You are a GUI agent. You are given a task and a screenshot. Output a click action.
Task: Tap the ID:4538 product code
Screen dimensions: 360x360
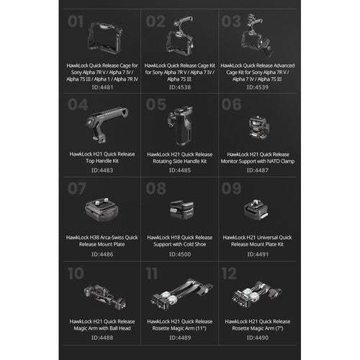pyautogui.click(x=179, y=86)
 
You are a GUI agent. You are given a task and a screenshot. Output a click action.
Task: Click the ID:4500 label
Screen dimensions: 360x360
pyautogui.click(x=179, y=254)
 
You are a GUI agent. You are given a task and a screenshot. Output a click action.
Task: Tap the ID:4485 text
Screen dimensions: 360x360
pyautogui.click(x=179, y=171)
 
